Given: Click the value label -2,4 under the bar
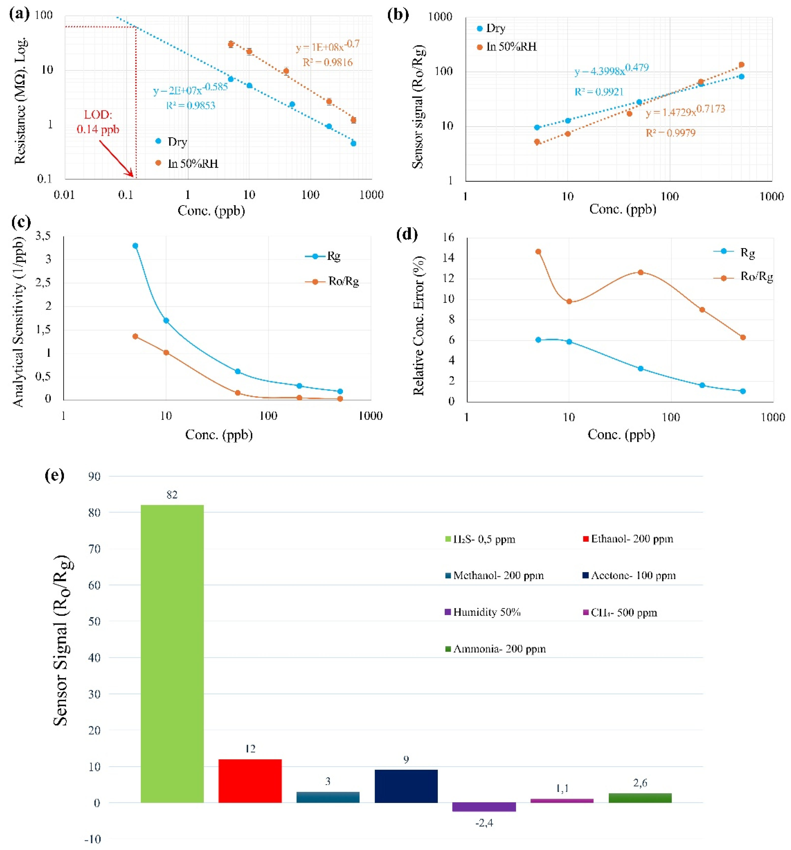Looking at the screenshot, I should coord(484,823).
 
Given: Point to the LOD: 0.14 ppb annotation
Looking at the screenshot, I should coord(98,122).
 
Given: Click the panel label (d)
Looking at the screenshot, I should coord(407,234).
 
